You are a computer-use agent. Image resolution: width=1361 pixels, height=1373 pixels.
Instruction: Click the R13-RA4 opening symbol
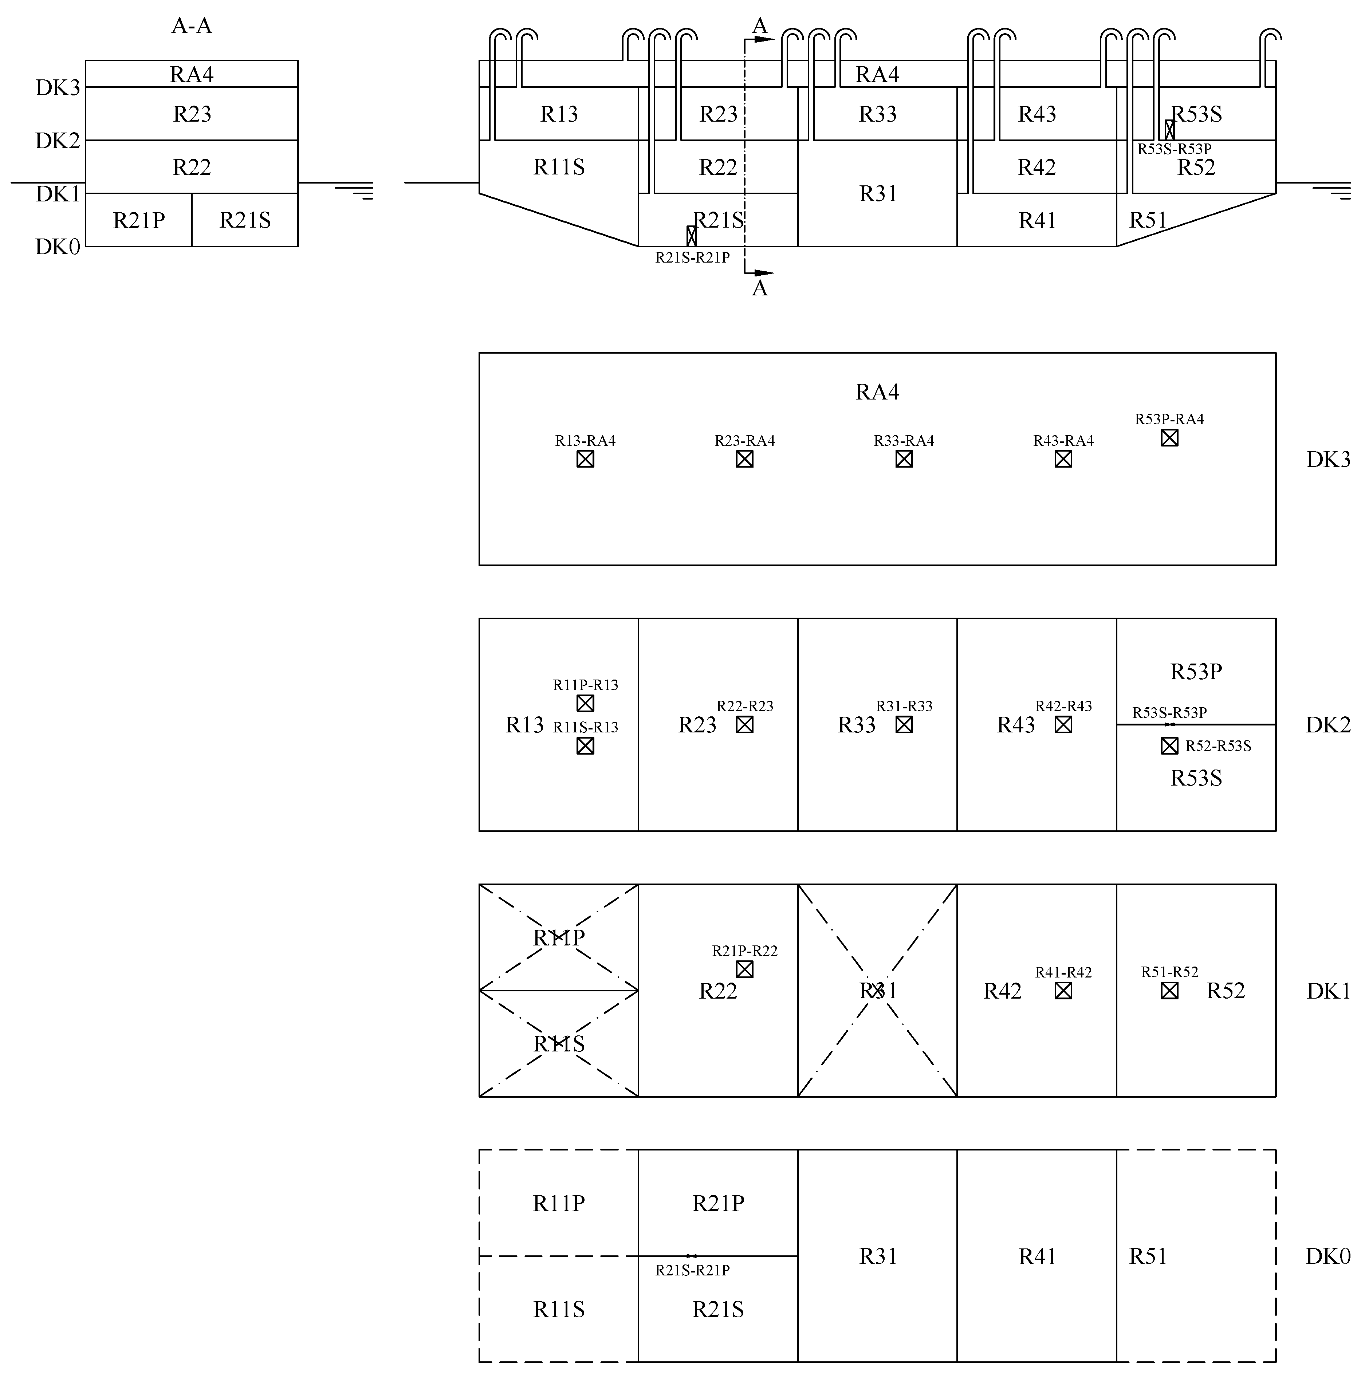click(585, 459)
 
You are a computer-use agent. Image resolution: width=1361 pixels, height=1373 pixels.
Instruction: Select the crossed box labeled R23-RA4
click(744, 459)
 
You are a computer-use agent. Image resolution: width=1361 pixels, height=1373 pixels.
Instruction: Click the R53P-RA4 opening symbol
click(1169, 438)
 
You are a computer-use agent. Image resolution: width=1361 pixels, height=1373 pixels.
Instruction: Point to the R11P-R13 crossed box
click(585, 703)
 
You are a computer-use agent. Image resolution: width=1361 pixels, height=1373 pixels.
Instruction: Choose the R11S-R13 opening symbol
click(585, 745)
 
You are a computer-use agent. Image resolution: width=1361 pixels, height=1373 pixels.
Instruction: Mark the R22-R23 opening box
click(744, 724)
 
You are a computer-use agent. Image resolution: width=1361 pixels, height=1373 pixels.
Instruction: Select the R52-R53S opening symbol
click(1169, 745)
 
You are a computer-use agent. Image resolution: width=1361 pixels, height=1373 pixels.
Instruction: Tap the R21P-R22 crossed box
click(744, 969)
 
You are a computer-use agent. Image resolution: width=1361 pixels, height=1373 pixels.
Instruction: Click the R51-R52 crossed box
click(1169, 990)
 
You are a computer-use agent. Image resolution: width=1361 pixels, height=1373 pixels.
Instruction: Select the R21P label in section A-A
click(139, 220)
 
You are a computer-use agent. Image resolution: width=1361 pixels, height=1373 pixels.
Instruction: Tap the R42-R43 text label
click(1063, 706)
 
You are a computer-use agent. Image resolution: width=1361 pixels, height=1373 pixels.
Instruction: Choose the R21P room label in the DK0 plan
click(718, 1203)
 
